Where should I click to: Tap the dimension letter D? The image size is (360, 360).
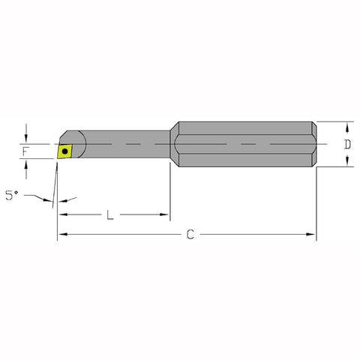tap(346, 143)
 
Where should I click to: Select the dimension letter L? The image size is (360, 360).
tap(109, 215)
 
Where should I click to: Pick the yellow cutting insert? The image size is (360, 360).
tap(67, 151)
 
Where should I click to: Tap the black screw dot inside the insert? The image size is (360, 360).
tap(67, 151)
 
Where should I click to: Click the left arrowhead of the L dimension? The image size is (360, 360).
tap(62, 215)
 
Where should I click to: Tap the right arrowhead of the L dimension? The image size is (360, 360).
tap(166, 215)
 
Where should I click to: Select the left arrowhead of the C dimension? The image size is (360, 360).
tap(61, 235)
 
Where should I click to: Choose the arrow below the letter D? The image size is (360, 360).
tap(346, 163)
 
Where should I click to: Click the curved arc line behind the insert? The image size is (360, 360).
tap(85, 143)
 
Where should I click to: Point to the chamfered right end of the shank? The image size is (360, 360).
tap(313, 143)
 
